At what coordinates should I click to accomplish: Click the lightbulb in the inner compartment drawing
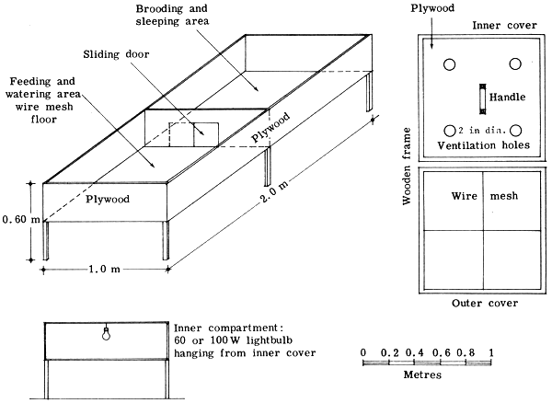pyautogui.click(x=107, y=334)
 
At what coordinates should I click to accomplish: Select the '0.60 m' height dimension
pyautogui.click(x=21, y=219)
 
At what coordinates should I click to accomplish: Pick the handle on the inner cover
pyautogui.click(x=480, y=97)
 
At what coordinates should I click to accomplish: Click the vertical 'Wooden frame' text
pyautogui.click(x=406, y=171)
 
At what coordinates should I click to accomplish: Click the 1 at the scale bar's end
pyautogui.click(x=492, y=351)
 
